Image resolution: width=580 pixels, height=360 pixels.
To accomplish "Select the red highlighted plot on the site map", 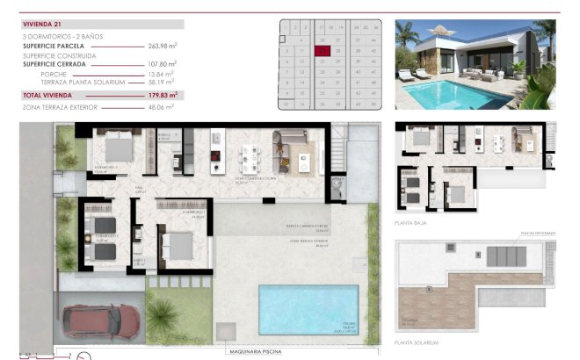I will [324, 51].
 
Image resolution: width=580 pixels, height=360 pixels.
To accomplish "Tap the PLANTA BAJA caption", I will [411, 224].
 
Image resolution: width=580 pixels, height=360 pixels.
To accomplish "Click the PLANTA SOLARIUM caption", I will [417, 342].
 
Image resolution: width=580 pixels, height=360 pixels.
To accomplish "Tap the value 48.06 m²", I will [163, 106].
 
